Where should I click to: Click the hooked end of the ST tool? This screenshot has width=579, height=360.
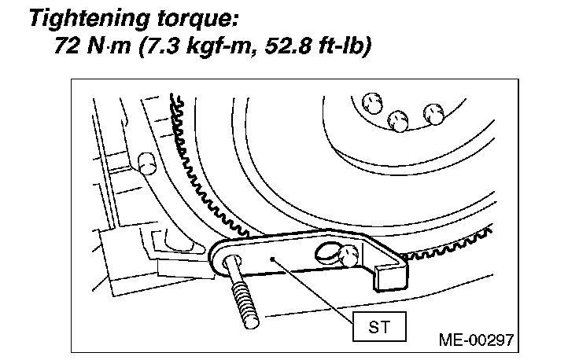[x=392, y=271]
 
